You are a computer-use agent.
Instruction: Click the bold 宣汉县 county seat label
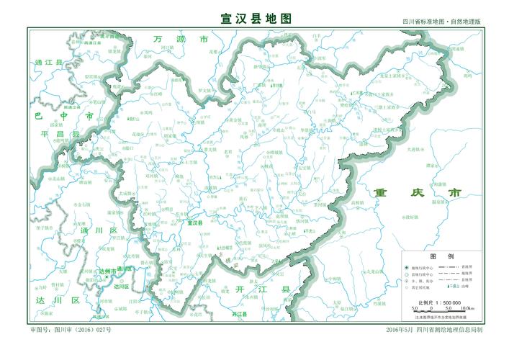click(x=194, y=223)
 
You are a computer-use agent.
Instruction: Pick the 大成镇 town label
click(x=127, y=193)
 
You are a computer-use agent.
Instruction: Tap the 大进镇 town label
click(x=415, y=149)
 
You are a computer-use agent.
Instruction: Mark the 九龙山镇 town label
click(x=376, y=271)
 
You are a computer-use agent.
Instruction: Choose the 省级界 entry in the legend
click(x=466, y=266)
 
